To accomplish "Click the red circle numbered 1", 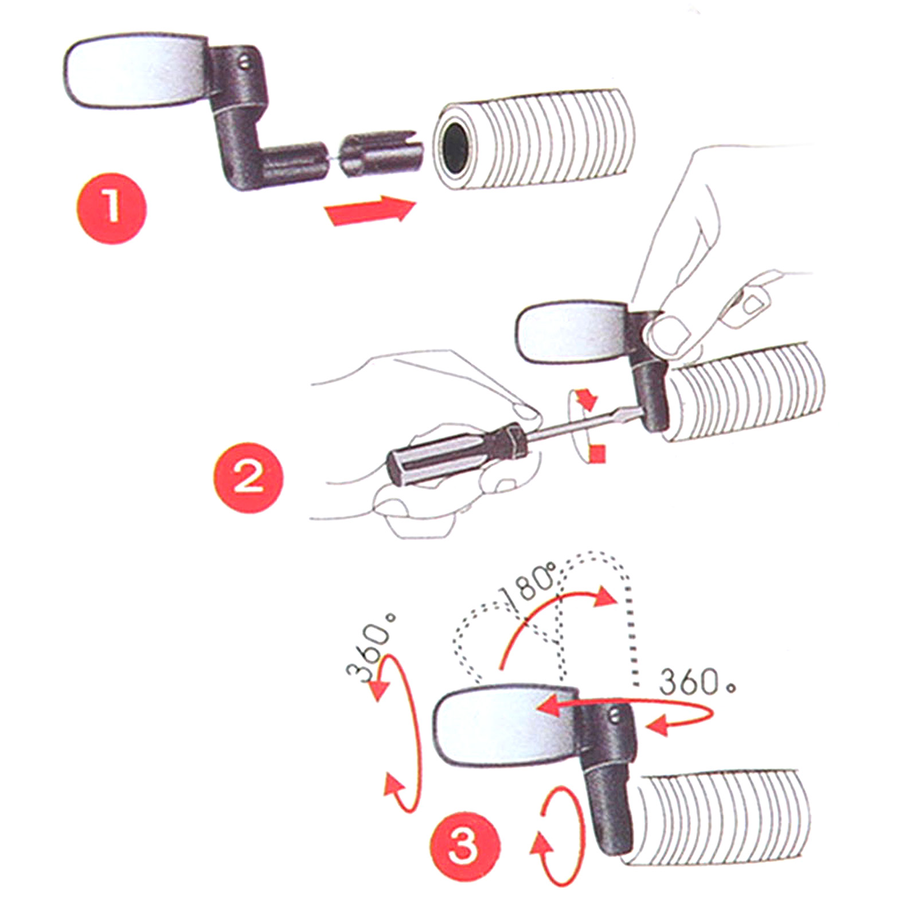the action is pos(112,208).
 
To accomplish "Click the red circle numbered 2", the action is pos(248,477).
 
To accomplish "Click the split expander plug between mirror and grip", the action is pos(380,153).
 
